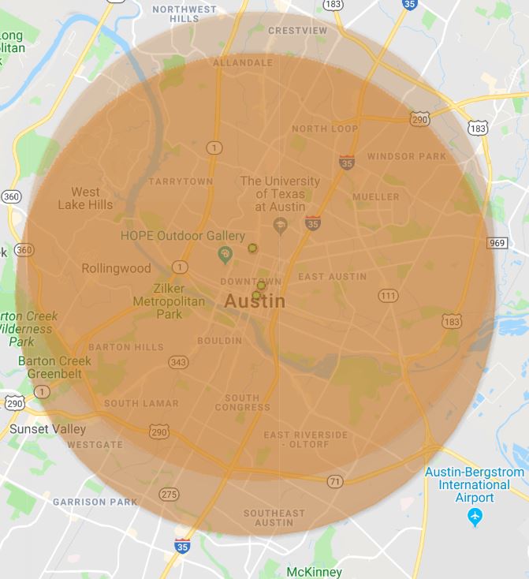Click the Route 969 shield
(497, 243)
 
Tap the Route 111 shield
(388, 295)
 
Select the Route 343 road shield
(178, 362)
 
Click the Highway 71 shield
(336, 480)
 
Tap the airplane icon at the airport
(475, 517)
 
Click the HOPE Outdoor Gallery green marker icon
(225, 254)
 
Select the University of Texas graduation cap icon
(280, 226)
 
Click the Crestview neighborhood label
(297, 31)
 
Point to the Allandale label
(243, 62)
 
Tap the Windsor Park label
(407, 156)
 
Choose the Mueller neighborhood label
(376, 196)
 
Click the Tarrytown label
(181, 181)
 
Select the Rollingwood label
(116, 269)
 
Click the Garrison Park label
(95, 502)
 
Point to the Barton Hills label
(126, 347)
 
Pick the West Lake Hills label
(85, 198)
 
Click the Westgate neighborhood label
(95, 445)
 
